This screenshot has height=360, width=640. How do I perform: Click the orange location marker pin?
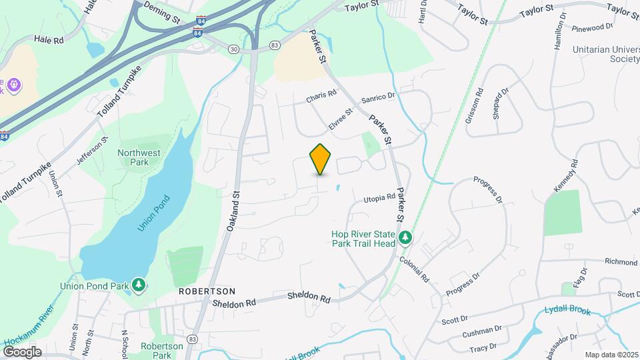[x=321, y=159]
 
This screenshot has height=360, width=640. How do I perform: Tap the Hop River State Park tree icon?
[x=405, y=238]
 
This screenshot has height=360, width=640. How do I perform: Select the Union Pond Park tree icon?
[x=139, y=285]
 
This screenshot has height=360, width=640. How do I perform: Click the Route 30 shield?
[x=233, y=49]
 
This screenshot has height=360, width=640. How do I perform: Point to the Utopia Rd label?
[x=379, y=199]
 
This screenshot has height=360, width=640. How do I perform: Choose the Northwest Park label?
[x=139, y=157]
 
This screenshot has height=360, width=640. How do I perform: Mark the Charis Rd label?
[x=321, y=96]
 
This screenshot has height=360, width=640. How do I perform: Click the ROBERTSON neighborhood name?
[x=207, y=291]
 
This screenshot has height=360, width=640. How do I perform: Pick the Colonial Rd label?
[x=415, y=266]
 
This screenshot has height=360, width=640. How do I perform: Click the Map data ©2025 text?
[x=611, y=355]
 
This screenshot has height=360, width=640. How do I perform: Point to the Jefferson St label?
[x=91, y=151]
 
